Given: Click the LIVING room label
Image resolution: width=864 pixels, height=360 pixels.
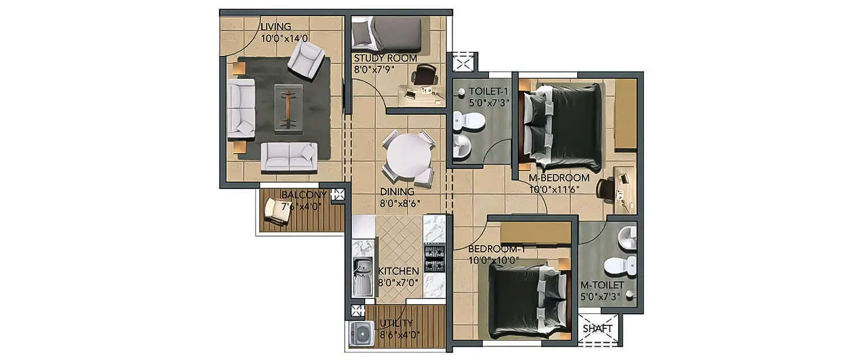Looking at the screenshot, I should [x=276, y=26].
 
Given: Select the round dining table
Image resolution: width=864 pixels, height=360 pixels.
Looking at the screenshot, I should [x=408, y=158].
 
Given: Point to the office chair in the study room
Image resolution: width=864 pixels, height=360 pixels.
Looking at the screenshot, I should [x=425, y=75].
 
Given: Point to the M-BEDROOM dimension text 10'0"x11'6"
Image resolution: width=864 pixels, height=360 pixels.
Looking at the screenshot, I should [x=554, y=188].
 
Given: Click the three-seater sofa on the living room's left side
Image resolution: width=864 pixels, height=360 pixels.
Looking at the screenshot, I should [x=241, y=109].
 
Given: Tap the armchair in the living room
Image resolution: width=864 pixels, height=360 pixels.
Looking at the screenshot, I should [x=306, y=60].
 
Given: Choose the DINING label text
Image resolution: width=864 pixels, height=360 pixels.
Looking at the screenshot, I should [x=397, y=192].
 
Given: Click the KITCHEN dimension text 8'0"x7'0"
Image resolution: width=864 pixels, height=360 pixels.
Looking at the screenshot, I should [x=397, y=283].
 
